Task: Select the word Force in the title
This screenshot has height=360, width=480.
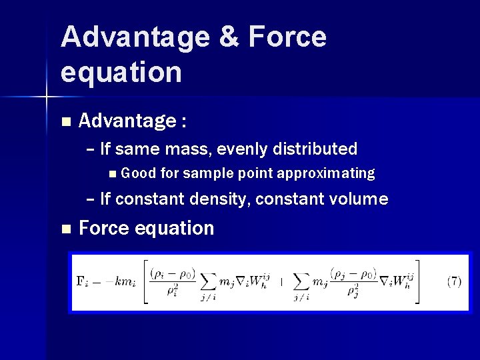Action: coord(287,37)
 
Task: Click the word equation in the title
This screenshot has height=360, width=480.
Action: coord(121,72)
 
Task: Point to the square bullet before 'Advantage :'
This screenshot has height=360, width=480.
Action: coord(65,122)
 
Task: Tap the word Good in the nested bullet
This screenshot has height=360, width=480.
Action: coord(139,174)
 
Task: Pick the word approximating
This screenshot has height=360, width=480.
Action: coord(325,174)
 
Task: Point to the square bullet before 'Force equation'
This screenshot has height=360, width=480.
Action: coord(65,229)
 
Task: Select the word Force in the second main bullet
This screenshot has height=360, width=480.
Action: coord(105,228)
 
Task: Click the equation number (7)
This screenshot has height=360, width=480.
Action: coord(453,281)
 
